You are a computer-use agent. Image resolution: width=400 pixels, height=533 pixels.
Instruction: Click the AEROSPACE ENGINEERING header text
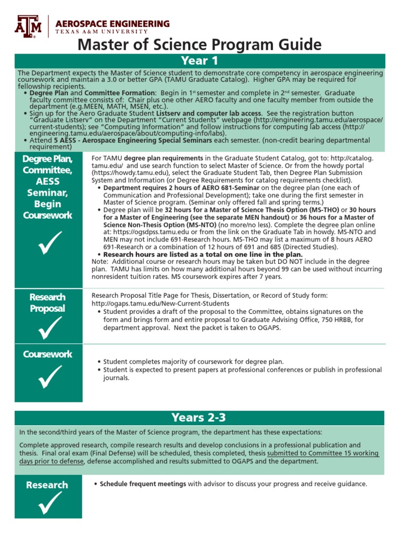[112, 24]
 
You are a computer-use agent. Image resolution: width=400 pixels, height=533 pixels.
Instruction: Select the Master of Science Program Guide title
[199, 45]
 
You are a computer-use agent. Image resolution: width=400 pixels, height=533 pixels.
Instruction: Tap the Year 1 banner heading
[199, 61]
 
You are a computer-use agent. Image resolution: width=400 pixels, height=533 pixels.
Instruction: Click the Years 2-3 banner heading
[199, 417]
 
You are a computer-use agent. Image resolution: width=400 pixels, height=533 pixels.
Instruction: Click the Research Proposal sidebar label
[47, 302]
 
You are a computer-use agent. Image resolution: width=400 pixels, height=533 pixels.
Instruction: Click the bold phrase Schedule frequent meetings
[143, 484]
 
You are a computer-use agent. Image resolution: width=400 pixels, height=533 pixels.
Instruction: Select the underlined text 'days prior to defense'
[51, 461]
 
